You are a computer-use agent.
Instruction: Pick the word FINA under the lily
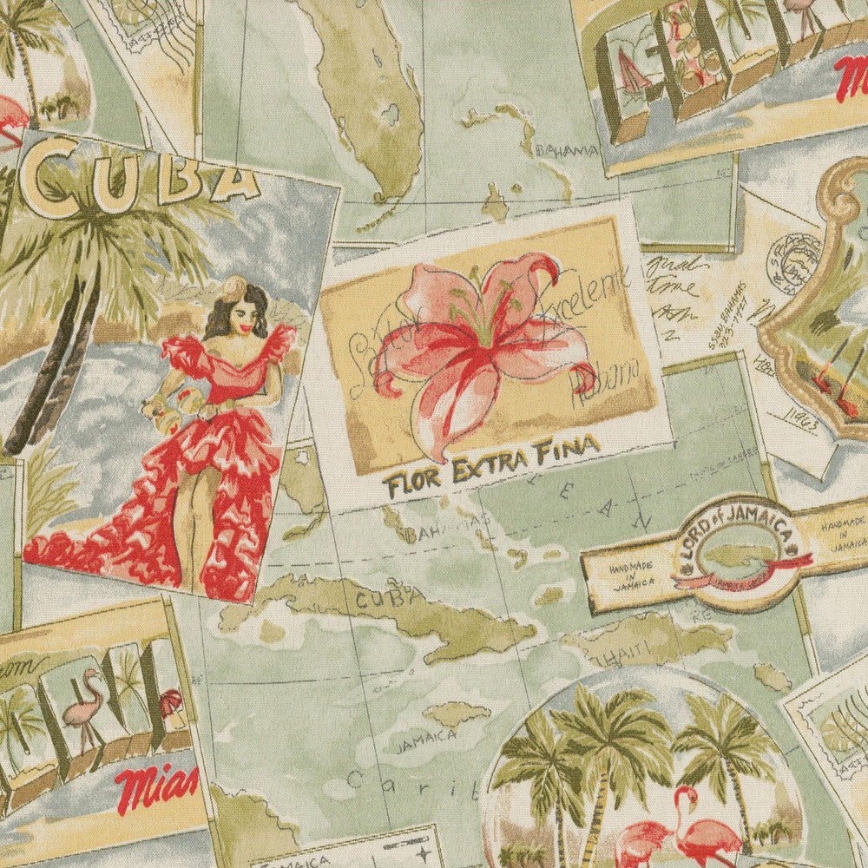pos(569,448)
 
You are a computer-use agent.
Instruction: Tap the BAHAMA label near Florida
pos(566,150)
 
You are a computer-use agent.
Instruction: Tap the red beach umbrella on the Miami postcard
pos(170,699)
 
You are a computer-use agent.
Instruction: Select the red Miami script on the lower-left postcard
pos(156,786)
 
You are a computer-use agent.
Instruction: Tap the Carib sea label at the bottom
pos(433,786)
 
